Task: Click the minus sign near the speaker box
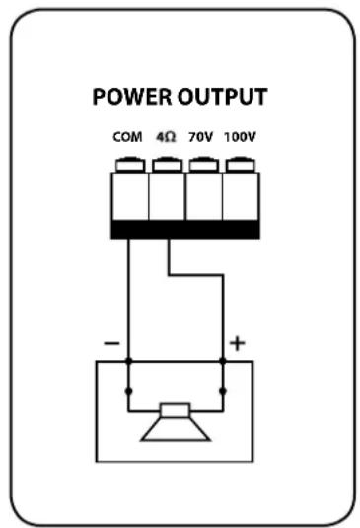point(112,343)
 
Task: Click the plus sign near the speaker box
point(237,343)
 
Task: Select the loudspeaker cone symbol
point(176,427)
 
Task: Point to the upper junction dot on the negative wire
point(128,362)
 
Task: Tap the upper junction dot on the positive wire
point(223,362)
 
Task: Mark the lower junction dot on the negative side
point(128,392)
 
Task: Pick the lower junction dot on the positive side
point(223,392)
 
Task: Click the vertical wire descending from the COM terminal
point(128,296)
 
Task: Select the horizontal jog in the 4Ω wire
point(195,277)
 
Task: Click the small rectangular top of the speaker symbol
point(176,410)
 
